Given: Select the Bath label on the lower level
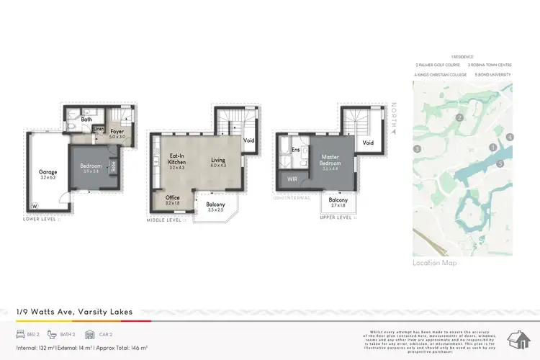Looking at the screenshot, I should click(x=86, y=120).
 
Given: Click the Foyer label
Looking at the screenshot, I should click(x=117, y=133).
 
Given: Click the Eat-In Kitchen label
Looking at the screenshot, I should click(x=177, y=160).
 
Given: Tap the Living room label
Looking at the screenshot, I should click(x=218, y=163).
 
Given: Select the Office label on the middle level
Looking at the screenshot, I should click(x=172, y=199).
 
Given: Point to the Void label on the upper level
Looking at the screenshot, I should click(x=368, y=143).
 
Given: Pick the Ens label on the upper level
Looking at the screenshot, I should click(x=295, y=150).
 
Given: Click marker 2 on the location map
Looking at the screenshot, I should click(x=458, y=118).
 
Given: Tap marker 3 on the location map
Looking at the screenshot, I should click(x=417, y=149).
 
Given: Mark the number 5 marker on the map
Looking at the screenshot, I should click(x=499, y=163).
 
